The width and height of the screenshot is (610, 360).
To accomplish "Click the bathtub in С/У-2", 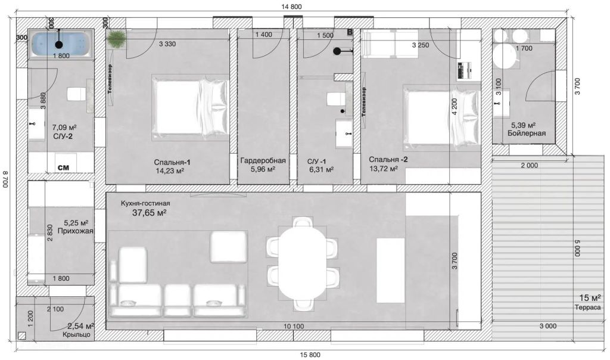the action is pyautogui.click(x=61, y=44).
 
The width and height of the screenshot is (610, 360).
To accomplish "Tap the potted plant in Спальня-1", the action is pyautogui.click(x=116, y=38).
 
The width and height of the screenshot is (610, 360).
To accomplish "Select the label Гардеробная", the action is pyautogui.click(x=263, y=160).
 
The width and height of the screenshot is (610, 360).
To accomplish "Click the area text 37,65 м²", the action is pyautogui.click(x=150, y=213).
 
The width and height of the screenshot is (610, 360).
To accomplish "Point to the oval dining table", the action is pyautogui.click(x=301, y=263).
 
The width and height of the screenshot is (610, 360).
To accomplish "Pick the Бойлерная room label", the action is pyautogui.click(x=527, y=133).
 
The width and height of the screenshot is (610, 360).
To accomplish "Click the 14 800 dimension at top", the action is pyautogui.click(x=291, y=7).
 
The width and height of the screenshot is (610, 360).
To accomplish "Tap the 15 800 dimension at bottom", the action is pyautogui.click(x=310, y=355).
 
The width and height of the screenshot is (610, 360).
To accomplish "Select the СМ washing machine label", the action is pyautogui.click(x=63, y=167).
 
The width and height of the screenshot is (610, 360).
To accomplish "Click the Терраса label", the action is pyautogui.click(x=587, y=308).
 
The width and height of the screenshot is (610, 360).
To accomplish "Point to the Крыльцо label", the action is pyautogui.click(x=77, y=334).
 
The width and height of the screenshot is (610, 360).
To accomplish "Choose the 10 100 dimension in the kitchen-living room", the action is pyautogui.click(x=294, y=326).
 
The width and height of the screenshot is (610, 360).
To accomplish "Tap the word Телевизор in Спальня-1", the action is pyautogui.click(x=110, y=79).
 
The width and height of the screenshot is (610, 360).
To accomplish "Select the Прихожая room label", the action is pyautogui.click(x=76, y=231).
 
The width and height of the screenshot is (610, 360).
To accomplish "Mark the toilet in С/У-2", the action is pyautogui.click(x=76, y=94).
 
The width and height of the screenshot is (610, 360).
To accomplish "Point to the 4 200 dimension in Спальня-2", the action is pyautogui.click(x=455, y=106).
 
